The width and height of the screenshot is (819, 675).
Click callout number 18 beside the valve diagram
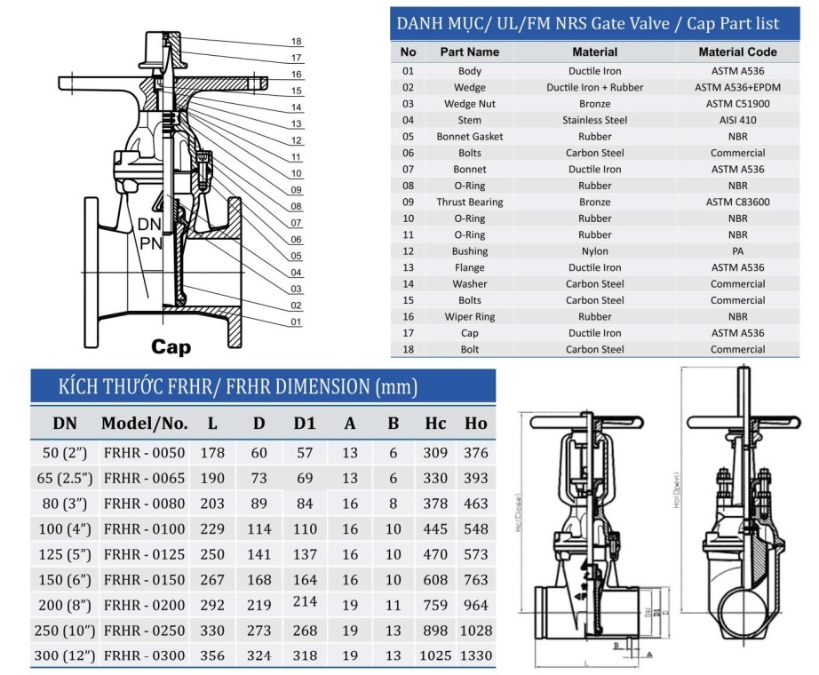pos(297,42)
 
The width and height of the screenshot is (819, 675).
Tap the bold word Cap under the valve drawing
pos(171,346)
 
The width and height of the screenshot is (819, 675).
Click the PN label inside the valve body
pos(150,242)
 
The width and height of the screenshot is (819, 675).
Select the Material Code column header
pos(737,52)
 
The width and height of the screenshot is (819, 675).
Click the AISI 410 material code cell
pos(737,120)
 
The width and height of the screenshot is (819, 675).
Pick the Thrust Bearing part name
pos(470,202)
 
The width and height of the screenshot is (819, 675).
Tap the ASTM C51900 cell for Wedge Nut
pos(737,103)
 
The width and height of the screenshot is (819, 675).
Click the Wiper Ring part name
pos(470,317)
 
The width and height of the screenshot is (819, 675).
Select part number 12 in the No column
pos(408,251)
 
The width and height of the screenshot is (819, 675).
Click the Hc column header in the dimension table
pos(435,423)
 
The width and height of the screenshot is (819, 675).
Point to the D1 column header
pos(305,423)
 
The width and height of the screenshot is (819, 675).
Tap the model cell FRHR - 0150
pos(144,580)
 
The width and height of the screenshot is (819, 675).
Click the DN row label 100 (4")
pos(64,529)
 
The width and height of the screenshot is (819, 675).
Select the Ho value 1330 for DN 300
pos(475,656)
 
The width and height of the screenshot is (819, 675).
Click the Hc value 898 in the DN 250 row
pos(435,631)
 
